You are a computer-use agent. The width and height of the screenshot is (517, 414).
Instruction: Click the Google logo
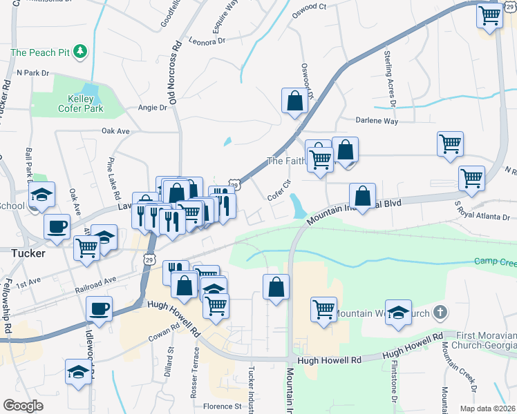click(23, 406)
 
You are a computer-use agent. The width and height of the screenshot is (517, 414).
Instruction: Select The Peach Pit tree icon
click(82, 52)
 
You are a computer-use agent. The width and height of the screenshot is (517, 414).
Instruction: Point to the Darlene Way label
click(377, 121)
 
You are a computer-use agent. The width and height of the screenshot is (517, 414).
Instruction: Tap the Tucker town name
click(28, 253)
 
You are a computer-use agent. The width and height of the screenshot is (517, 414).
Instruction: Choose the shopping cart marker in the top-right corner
click(489, 14)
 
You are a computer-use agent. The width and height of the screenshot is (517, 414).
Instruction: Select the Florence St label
click(222, 406)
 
